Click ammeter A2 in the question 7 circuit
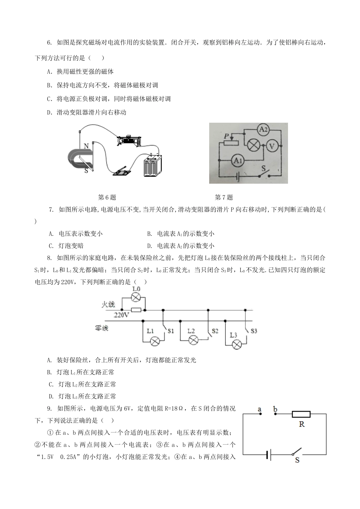tap(263, 130)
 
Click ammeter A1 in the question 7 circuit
tap(238, 161)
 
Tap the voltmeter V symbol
tap(271, 145)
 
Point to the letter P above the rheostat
tap(226, 136)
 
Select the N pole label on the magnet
tap(86, 146)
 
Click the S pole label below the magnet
tap(86, 171)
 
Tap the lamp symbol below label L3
tap(237, 344)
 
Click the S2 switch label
tap(215, 331)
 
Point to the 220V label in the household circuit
tap(122, 315)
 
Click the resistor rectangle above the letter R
tap(301, 414)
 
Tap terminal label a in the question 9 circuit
tap(260, 409)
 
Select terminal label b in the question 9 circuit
tap(275, 409)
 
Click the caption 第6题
tap(107, 197)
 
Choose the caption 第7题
tap(224, 197)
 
